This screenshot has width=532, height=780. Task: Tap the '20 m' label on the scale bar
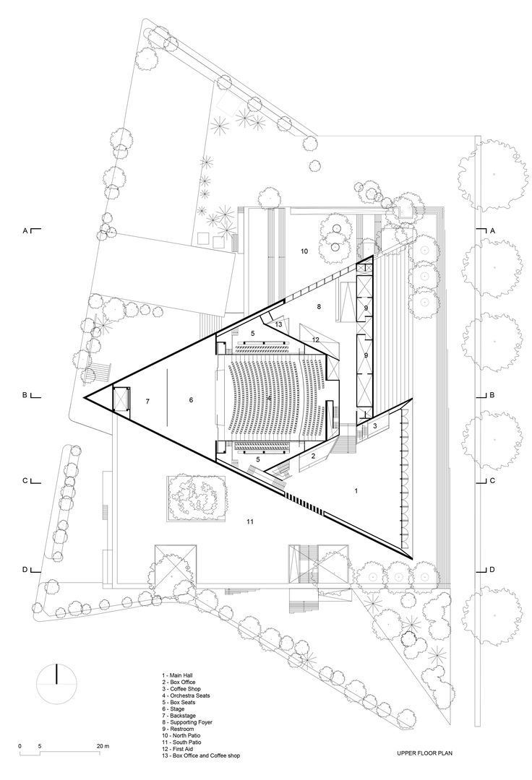click(x=101, y=745)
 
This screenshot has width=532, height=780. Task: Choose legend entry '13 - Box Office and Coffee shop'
click(x=200, y=755)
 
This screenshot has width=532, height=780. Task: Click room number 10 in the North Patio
click(x=304, y=251)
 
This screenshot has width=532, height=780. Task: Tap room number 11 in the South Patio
click(x=250, y=521)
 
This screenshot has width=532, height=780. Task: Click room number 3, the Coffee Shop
click(x=375, y=427)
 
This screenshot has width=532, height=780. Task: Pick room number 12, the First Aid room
click(x=315, y=339)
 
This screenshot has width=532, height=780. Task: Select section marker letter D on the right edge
click(x=492, y=570)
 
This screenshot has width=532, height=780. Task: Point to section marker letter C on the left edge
click(x=25, y=480)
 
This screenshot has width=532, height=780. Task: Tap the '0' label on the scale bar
click(x=20, y=745)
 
